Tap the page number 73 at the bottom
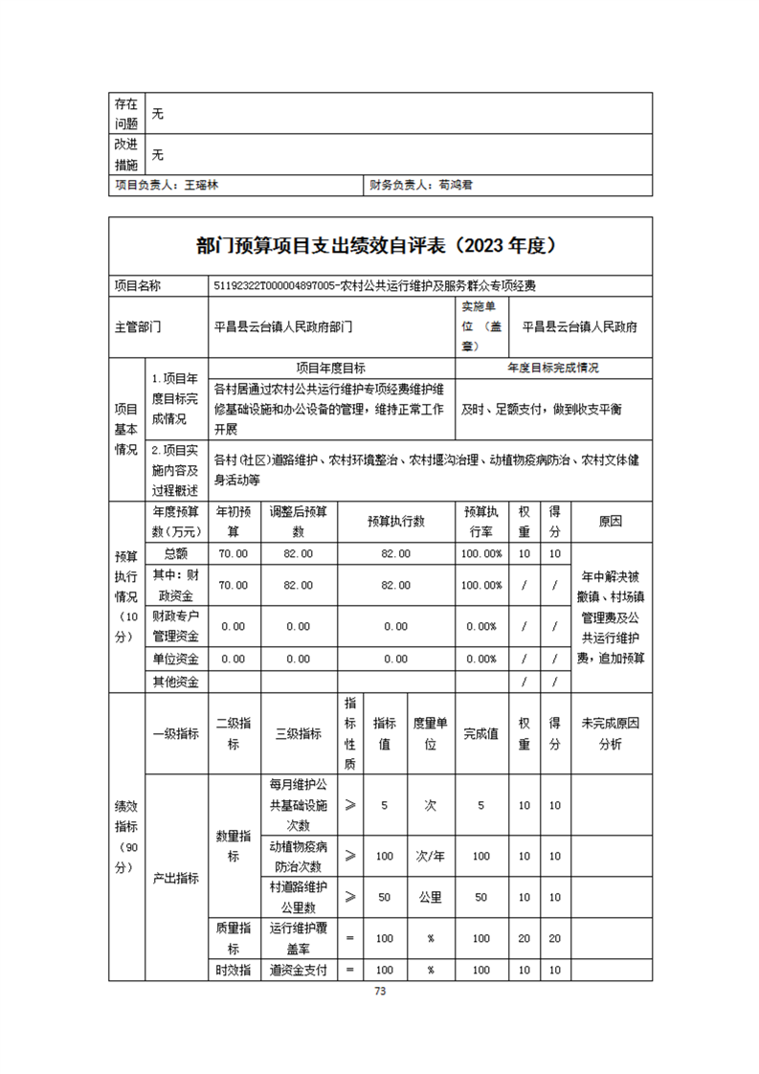pyautogui.click(x=379, y=992)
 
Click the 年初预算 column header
pyautogui.click(x=234, y=521)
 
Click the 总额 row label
pyautogui.click(x=176, y=553)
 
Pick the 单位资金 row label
pyautogui.click(x=176, y=659)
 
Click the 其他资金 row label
pyautogui.click(x=176, y=682)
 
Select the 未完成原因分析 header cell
pyautogui.click(x=610, y=733)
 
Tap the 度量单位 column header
pyautogui.click(x=431, y=733)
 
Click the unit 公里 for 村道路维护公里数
pyautogui.click(x=431, y=897)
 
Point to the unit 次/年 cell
pyautogui.click(x=431, y=856)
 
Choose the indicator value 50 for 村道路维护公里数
pyautogui.click(x=385, y=897)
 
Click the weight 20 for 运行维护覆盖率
pyautogui.click(x=525, y=939)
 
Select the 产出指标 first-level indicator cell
pyautogui.click(x=176, y=878)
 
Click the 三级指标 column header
pyautogui.click(x=298, y=733)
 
